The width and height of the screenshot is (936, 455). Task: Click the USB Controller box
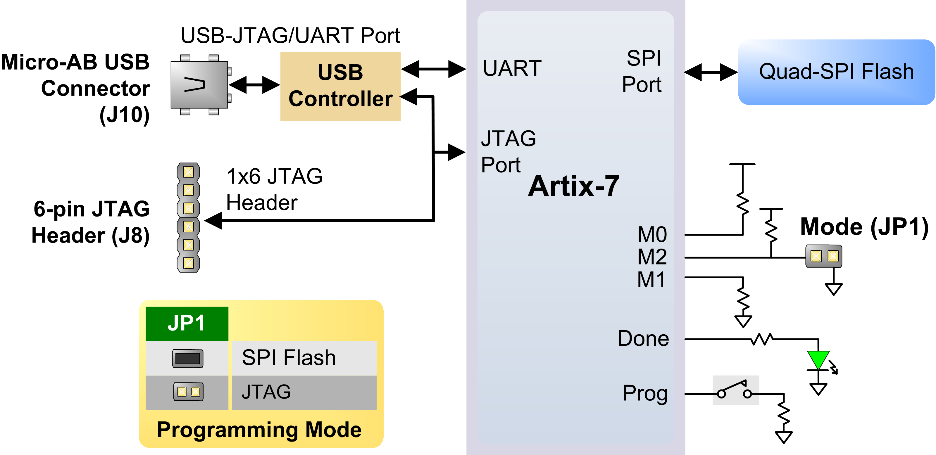pos(340,86)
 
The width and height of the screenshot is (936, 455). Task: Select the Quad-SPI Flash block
pos(836,72)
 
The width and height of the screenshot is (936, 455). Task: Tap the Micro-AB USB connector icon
pos(199,85)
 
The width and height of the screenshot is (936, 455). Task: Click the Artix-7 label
pos(573,186)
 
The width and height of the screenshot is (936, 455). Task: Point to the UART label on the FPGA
pos(512,68)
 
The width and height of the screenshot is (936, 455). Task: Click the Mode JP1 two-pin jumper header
pos(824,256)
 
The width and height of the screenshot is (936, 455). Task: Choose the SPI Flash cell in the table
pos(304,358)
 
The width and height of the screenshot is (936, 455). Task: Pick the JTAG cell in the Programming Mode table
pos(304,392)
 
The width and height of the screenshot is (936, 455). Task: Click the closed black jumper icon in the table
pos(187,358)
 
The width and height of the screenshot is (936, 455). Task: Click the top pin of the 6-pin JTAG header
pos(188,172)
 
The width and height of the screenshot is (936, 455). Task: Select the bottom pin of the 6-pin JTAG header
pos(188,263)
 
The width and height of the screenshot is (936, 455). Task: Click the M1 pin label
pos(651,280)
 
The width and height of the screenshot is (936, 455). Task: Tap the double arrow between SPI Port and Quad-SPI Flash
pos(711,72)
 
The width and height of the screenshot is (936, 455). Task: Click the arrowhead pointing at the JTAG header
pos(214,220)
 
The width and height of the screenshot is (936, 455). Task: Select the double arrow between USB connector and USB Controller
pos(254,85)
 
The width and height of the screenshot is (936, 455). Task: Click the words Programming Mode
pos(259,430)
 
